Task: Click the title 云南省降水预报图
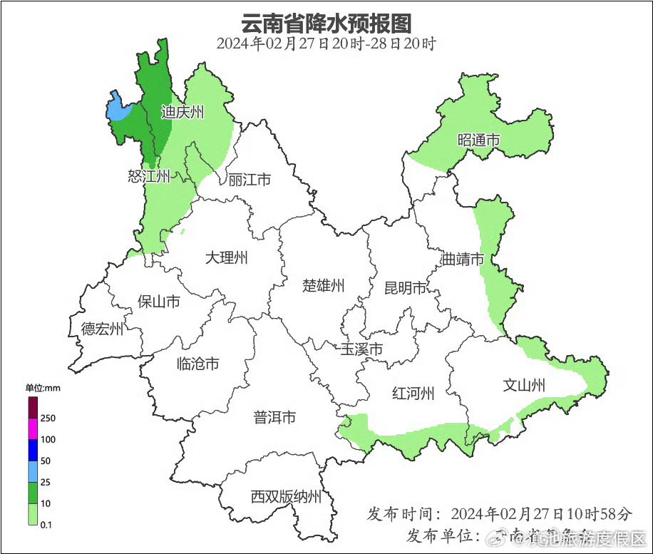(326, 23)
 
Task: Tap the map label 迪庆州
(182, 112)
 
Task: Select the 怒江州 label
(150, 176)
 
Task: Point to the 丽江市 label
(250, 180)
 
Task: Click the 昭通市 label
(478, 140)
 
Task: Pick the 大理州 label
(227, 257)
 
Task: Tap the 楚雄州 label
(324, 286)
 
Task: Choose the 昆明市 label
(405, 288)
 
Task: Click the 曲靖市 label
(463, 259)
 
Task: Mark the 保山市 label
(159, 302)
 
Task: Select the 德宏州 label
(102, 329)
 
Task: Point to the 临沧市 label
(197, 364)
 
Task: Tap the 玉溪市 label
(361, 349)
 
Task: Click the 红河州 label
(413, 393)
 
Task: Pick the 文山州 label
(524, 386)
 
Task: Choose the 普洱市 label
(274, 418)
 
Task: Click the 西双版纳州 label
(286, 497)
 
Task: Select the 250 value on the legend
(48, 418)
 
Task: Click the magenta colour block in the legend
(33, 429)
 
